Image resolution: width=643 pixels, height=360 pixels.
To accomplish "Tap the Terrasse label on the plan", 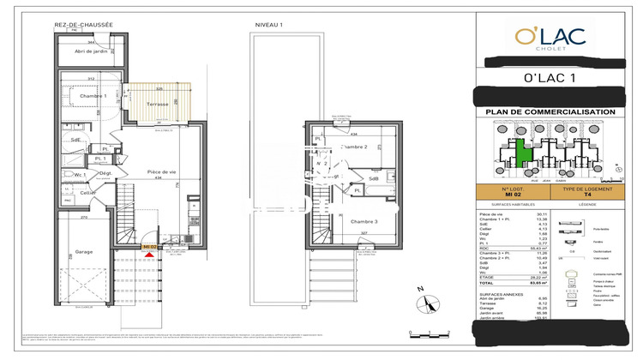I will click(158, 104).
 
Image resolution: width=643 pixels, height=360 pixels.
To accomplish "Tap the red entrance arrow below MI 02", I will click(151, 255).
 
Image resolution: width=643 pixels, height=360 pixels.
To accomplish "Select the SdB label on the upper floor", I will click(374, 178).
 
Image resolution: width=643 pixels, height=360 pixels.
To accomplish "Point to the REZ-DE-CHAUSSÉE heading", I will click(83, 26).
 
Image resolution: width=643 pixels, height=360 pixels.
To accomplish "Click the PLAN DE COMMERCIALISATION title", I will click(550, 112).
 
